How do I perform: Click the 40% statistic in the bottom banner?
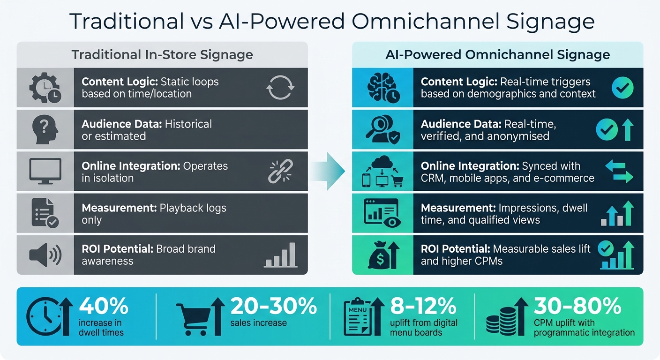click(x=103, y=307)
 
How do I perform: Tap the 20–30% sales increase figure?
click(x=274, y=307)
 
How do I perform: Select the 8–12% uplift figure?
click(x=423, y=307)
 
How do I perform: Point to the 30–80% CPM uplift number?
click(x=577, y=307)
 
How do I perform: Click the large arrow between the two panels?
click(x=330, y=170)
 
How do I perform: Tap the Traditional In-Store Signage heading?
click(x=162, y=55)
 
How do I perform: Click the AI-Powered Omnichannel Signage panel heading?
click(x=497, y=55)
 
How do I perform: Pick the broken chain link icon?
click(x=280, y=171)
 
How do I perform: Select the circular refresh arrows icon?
click(x=280, y=88)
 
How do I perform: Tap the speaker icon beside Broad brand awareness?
click(x=45, y=255)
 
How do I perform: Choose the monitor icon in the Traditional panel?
click(x=45, y=171)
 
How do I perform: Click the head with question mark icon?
click(x=45, y=129)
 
